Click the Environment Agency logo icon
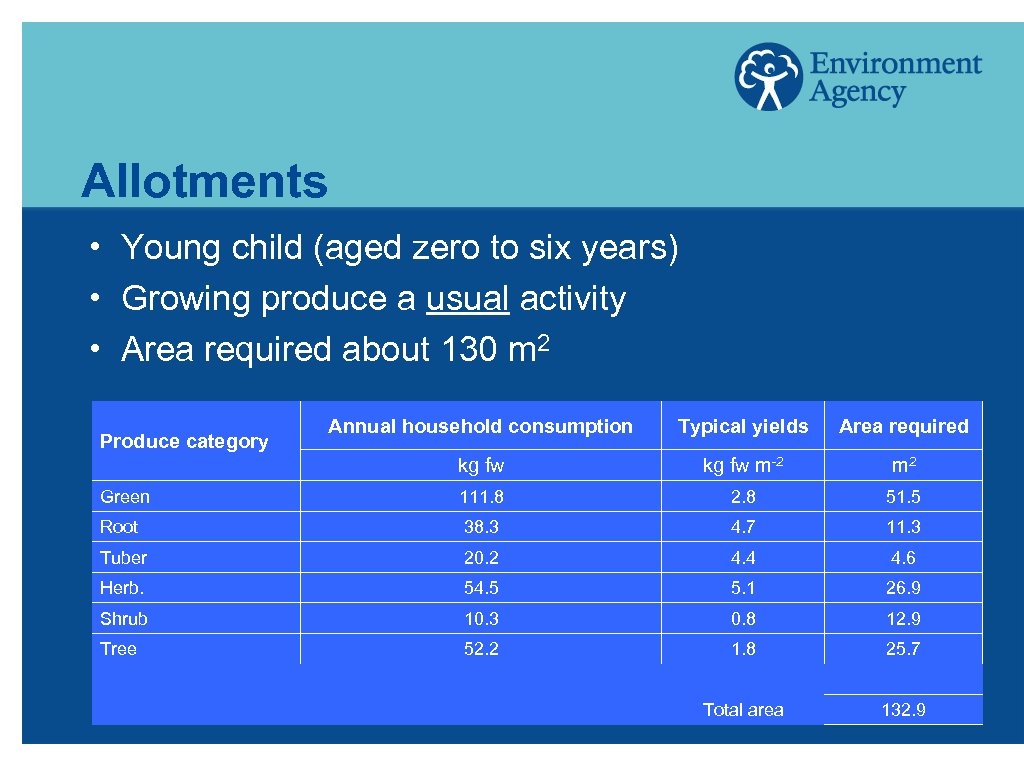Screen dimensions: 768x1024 768,76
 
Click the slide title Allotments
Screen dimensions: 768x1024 204,181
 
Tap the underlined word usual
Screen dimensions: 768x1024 468,298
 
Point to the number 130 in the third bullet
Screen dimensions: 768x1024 459,350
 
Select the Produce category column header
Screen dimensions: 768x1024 184,441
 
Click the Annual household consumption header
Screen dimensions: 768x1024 480,426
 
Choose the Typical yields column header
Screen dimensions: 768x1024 743,426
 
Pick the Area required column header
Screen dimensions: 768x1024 903,426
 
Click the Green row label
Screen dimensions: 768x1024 125,497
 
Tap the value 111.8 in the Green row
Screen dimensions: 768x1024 481,497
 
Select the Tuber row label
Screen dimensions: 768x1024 123,558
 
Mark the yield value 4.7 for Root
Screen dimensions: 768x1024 743,527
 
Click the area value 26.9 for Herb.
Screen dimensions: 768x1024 903,588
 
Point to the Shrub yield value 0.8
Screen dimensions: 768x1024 743,619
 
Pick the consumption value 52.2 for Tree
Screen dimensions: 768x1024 481,649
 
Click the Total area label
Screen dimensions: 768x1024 743,710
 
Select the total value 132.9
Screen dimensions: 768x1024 903,710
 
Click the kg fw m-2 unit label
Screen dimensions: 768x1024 743,466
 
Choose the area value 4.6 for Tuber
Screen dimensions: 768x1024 903,558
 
